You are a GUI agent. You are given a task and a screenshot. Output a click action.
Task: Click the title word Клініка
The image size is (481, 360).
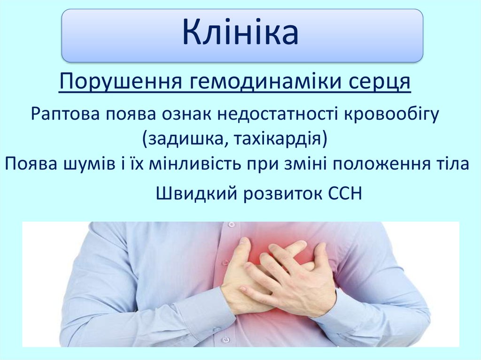pos(240,34)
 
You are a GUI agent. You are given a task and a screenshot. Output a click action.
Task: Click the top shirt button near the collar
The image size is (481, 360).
pos(231,225)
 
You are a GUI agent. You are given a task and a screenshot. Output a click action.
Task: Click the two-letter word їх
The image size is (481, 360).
pos(140,164)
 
